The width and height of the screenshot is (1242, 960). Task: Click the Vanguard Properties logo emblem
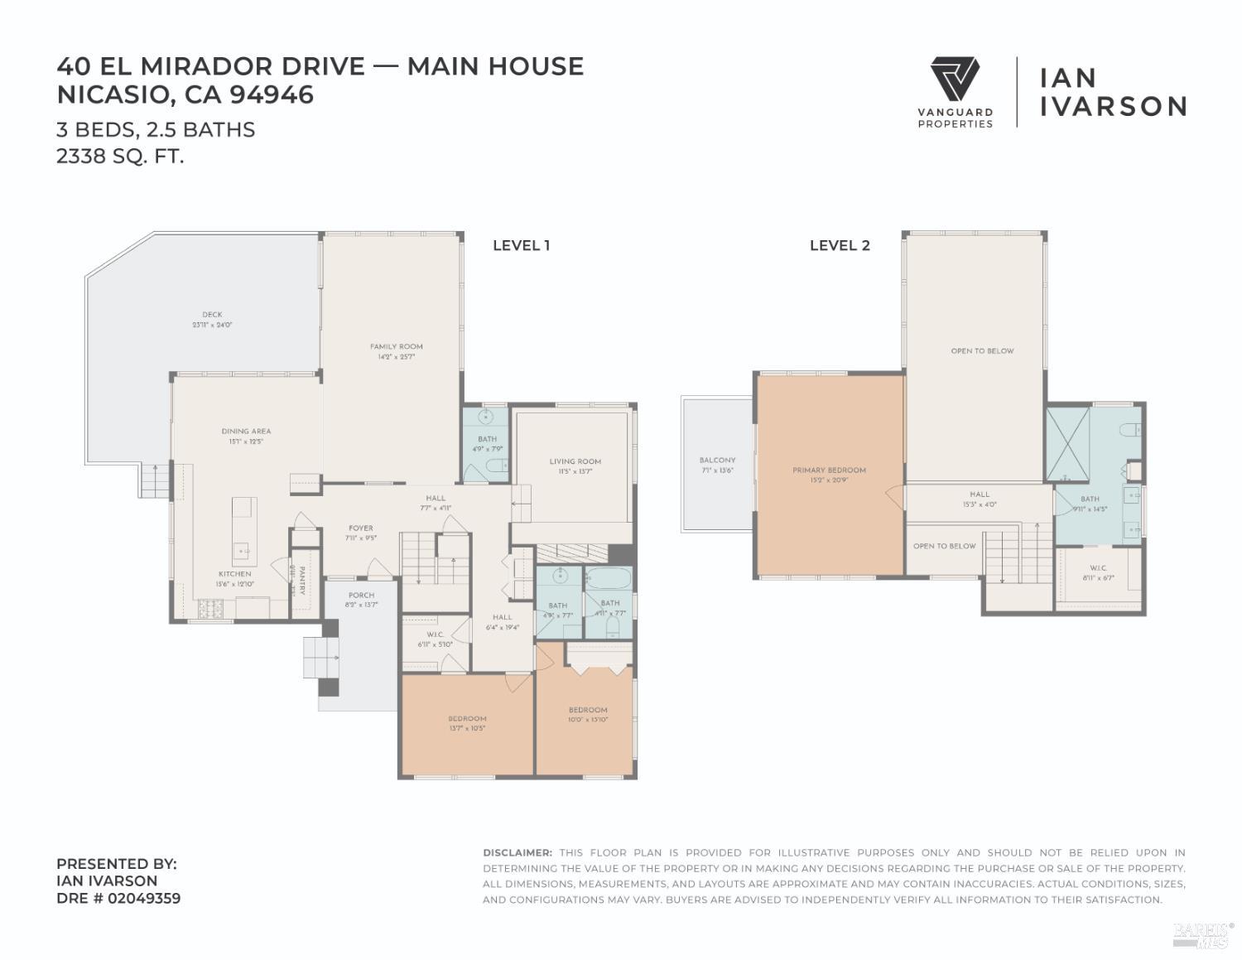(955, 80)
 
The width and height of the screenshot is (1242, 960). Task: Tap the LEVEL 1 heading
(521, 245)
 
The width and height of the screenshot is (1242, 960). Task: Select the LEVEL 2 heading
(840, 245)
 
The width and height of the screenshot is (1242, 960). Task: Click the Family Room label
(396, 347)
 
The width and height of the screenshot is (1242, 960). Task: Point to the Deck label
(212, 315)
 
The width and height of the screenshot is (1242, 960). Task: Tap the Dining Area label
(246, 432)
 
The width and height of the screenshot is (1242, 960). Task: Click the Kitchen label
(234, 574)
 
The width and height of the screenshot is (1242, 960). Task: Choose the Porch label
(361, 595)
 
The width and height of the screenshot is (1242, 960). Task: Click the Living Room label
(575, 461)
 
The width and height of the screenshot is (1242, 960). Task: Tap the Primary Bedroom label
(829, 470)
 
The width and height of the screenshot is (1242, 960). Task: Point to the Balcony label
(717, 461)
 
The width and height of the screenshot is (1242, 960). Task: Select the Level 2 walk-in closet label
(1098, 568)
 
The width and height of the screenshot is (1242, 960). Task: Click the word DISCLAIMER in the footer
(517, 852)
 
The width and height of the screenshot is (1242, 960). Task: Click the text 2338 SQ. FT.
(120, 156)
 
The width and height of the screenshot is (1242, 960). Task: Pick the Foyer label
(360, 528)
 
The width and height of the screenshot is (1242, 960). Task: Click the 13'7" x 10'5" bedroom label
(467, 723)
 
